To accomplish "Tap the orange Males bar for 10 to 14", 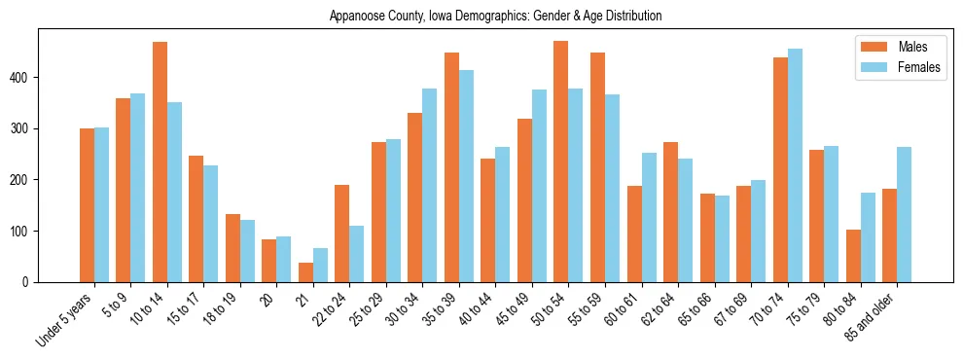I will click(x=160, y=162).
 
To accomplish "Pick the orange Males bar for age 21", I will click(x=305, y=272).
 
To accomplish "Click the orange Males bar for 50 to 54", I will click(x=561, y=162).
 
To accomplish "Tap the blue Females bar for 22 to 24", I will click(x=357, y=254).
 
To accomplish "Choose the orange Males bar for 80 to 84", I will click(x=853, y=256).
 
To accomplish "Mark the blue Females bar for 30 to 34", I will click(x=430, y=186).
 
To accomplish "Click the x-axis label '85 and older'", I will click(x=872, y=316).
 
